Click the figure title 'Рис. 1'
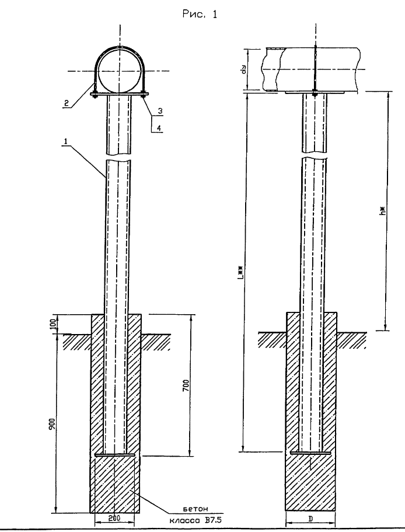[200, 14]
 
